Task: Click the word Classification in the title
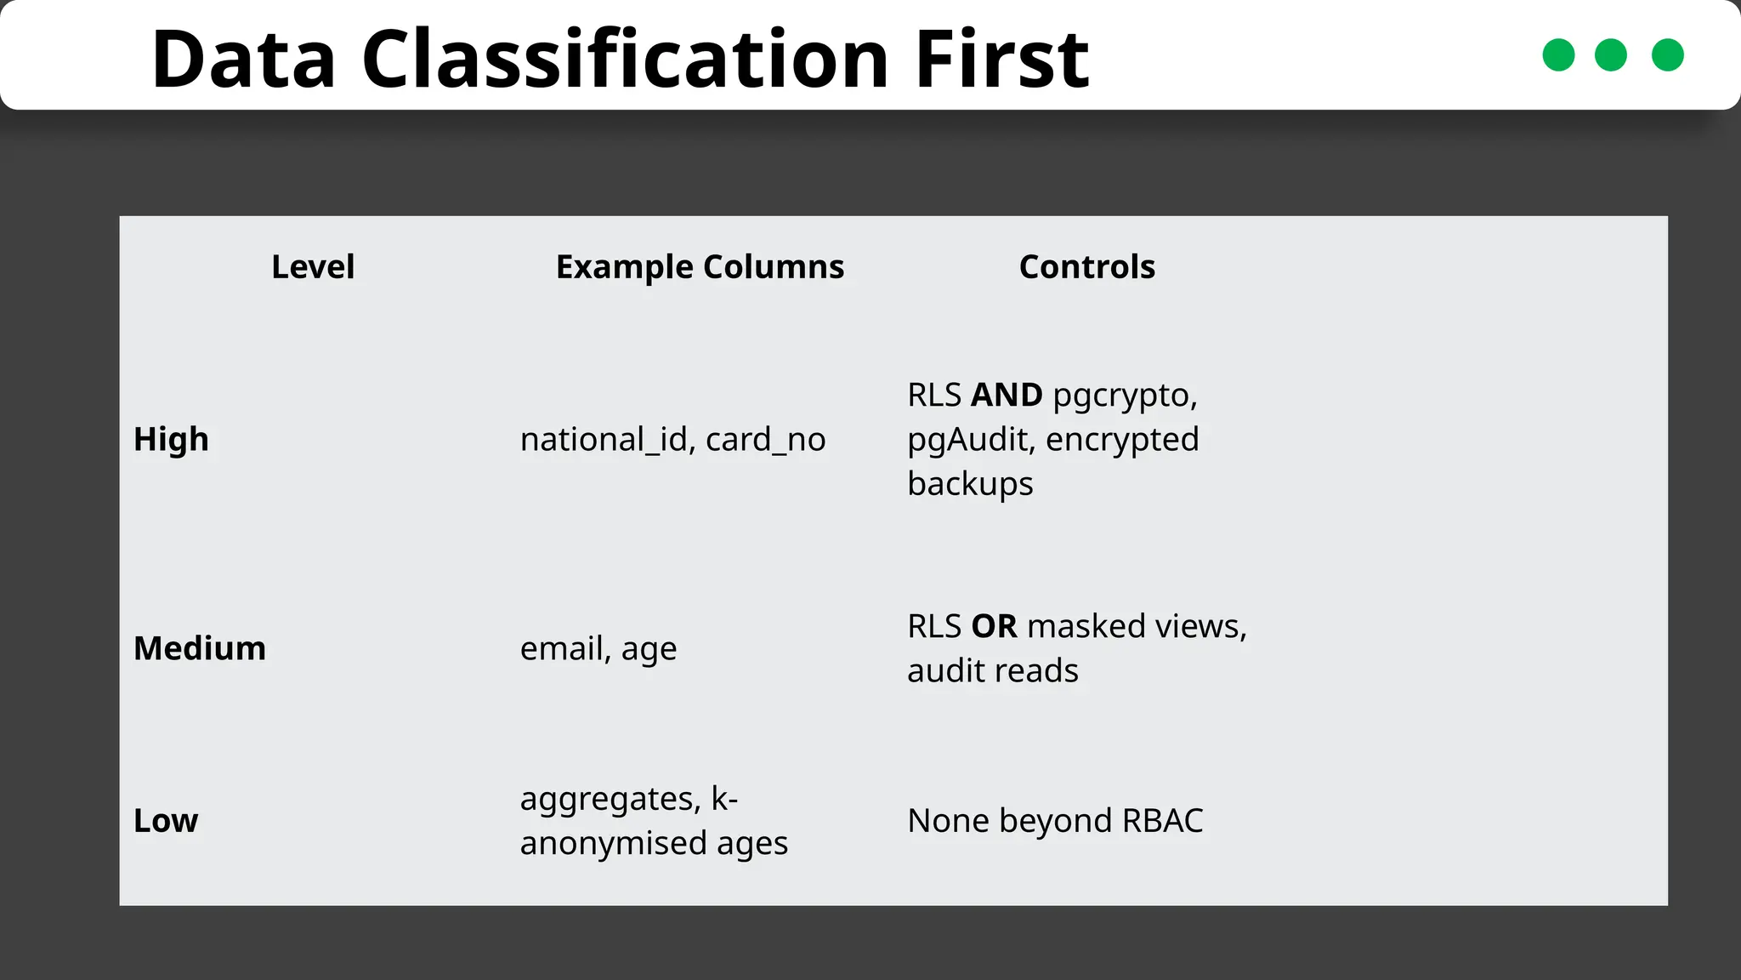click(x=626, y=60)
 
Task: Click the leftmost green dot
click(x=1558, y=55)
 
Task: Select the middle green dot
click(x=1611, y=55)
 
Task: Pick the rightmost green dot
click(x=1667, y=55)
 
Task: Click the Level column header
click(x=313, y=267)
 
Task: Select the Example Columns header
click(x=700, y=267)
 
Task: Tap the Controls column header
click(x=1086, y=267)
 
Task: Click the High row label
click(x=171, y=440)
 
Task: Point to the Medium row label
click(x=200, y=649)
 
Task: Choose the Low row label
click(x=166, y=821)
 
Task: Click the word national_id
click(x=604, y=440)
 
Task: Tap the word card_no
click(x=765, y=440)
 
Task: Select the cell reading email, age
click(x=598, y=649)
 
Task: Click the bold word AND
click(x=1007, y=396)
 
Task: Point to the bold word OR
click(x=994, y=627)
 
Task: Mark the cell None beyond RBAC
click(x=1055, y=821)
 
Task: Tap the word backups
click(x=970, y=484)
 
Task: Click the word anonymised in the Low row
click(x=613, y=843)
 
